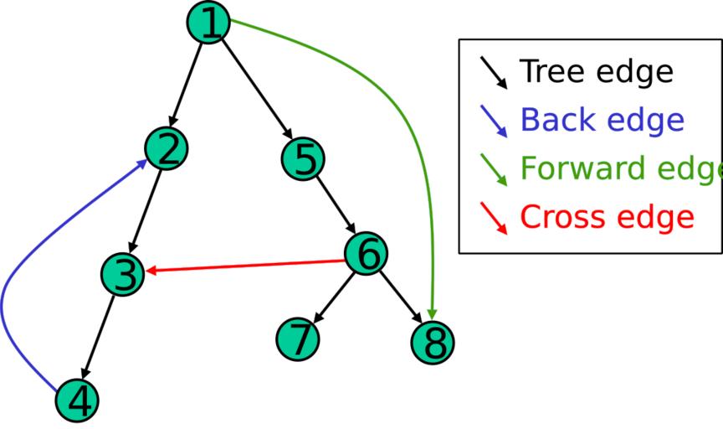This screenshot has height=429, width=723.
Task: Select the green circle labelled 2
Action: pos(167,149)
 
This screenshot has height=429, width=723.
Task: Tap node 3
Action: pos(123,275)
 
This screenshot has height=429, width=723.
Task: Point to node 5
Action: pos(303,159)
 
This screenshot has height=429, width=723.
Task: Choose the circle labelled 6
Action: pos(366,254)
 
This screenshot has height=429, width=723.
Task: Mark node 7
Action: pos(297,338)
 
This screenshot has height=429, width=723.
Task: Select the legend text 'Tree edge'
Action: pos(596,72)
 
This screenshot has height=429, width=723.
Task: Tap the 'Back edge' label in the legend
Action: pos(602,121)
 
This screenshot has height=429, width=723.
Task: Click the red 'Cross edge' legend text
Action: pos(607,217)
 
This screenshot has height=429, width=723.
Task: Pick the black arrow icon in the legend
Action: pos(494,72)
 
